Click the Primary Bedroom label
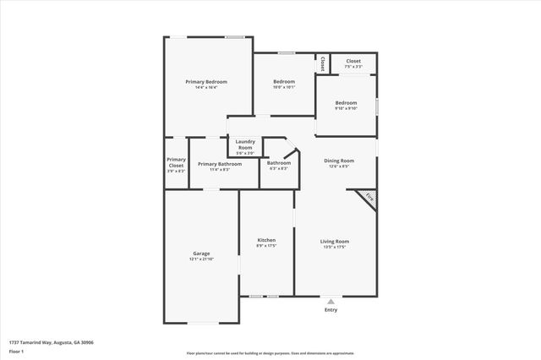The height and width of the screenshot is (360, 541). pyautogui.click(x=206, y=81)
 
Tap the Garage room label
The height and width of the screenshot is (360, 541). pyautogui.click(x=201, y=254)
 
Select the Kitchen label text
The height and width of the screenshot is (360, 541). pyautogui.click(x=266, y=240)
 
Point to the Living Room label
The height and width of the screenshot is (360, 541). pyautogui.click(x=335, y=241)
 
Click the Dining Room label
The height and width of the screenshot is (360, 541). pyautogui.click(x=340, y=160)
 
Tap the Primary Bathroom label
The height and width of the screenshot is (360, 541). pyautogui.click(x=220, y=163)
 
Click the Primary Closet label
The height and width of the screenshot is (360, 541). pyautogui.click(x=176, y=161)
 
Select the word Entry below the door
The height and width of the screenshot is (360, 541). pyautogui.click(x=331, y=310)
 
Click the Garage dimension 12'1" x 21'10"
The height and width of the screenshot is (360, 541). pyautogui.click(x=201, y=259)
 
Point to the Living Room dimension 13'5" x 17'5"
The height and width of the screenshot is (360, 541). pyautogui.click(x=335, y=247)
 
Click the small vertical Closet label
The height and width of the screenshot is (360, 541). pyautogui.click(x=322, y=63)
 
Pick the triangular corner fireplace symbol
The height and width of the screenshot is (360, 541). pyautogui.click(x=369, y=196)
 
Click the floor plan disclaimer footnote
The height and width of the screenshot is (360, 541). pyautogui.click(x=270, y=353)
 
